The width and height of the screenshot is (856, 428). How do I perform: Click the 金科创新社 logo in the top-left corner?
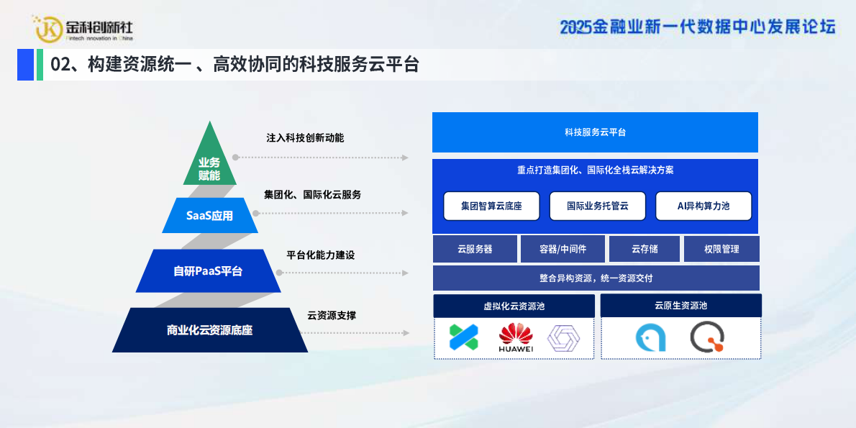(x=84, y=28)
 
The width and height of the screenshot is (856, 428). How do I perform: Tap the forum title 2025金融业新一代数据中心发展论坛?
(x=697, y=27)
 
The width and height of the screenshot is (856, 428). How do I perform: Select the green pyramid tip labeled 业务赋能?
(x=209, y=168)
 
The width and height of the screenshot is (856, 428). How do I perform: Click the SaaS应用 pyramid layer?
(x=209, y=215)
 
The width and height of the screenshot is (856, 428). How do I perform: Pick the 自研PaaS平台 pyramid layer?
(x=208, y=271)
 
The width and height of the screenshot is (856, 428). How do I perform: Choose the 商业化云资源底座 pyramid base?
(x=209, y=330)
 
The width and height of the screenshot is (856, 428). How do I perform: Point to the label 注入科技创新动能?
(x=305, y=137)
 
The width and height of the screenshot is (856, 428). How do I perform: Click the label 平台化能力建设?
(x=320, y=255)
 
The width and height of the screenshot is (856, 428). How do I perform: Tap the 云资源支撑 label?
(x=332, y=315)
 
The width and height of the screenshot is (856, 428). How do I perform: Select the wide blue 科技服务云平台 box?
(x=595, y=132)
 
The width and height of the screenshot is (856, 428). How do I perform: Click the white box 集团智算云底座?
(x=491, y=206)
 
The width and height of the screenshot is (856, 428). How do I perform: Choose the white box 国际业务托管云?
(x=597, y=206)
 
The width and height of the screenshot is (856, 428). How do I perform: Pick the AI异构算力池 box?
(x=703, y=206)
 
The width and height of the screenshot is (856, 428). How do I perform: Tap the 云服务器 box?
(x=475, y=249)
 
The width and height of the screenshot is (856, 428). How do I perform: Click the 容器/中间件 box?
(x=563, y=249)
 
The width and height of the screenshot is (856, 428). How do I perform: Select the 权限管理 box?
(x=721, y=249)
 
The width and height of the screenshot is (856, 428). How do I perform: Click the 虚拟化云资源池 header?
(x=514, y=306)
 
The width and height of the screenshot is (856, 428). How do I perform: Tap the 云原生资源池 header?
(x=680, y=305)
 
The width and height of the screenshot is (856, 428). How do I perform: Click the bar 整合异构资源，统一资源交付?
(x=596, y=278)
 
